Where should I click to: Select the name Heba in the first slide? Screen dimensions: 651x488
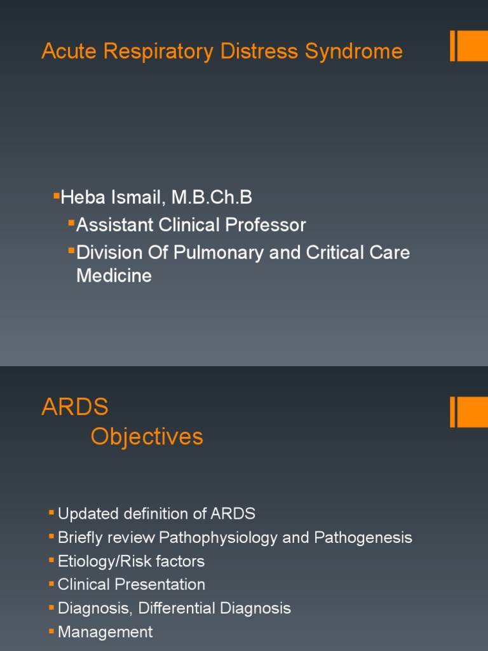click(81, 198)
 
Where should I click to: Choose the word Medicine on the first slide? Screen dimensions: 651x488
click(114, 276)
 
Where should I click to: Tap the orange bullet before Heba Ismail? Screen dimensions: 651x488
click(56, 193)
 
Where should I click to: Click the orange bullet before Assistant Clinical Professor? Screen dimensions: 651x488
click(71, 221)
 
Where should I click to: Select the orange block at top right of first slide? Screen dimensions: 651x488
click(472, 46)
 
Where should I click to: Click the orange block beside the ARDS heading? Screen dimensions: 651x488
click(472, 412)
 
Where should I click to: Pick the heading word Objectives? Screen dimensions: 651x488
click(147, 437)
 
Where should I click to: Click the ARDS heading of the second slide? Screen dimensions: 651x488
click(75, 408)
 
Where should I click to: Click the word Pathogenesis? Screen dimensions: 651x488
click(363, 538)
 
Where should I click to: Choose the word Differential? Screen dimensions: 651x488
click(177, 608)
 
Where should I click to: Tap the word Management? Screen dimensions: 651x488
click(105, 632)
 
